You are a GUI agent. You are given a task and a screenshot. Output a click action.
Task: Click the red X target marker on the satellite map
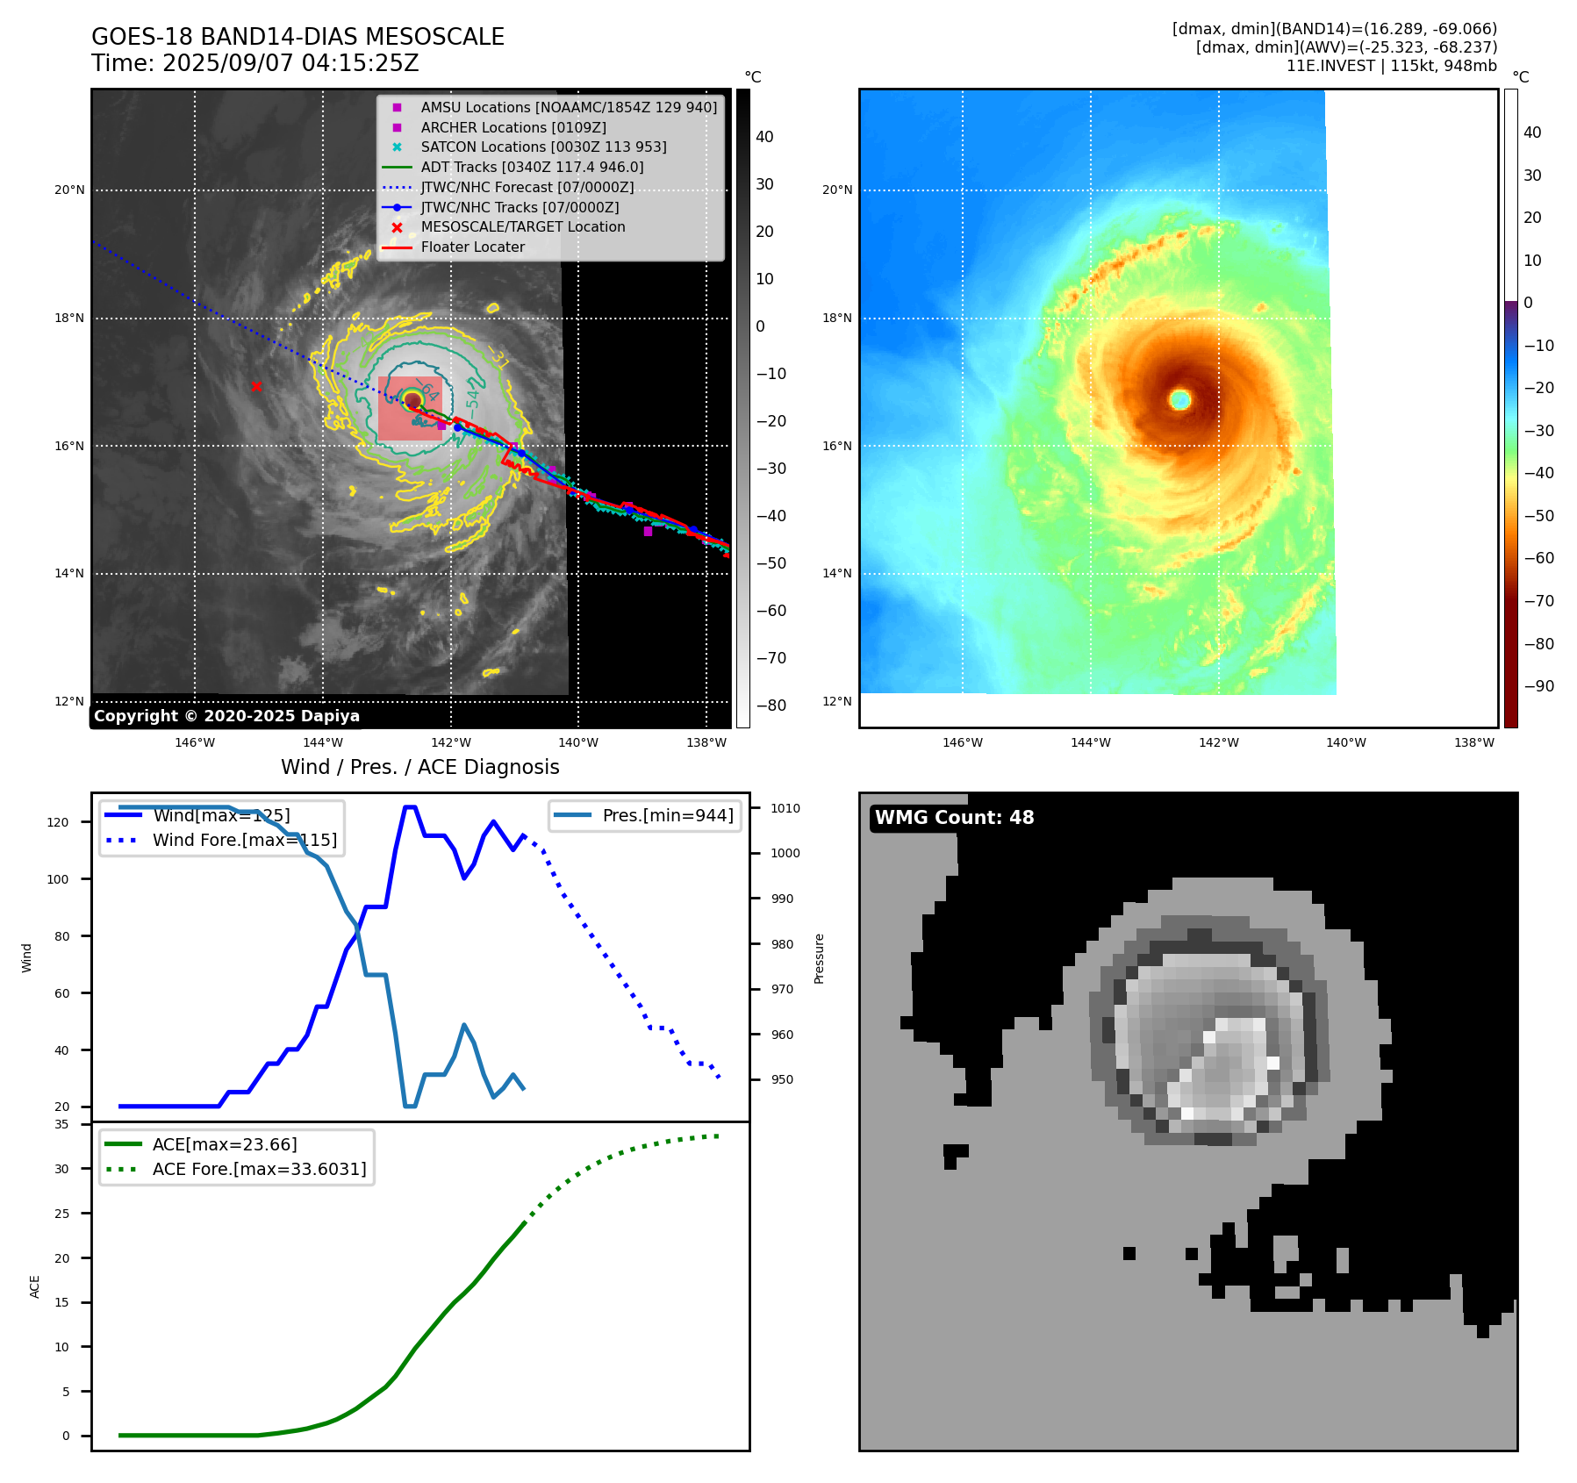tap(256, 386)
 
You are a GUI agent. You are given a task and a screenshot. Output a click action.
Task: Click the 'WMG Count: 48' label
tap(954, 818)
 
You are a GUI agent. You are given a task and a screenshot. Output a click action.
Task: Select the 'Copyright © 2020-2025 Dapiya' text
tap(226, 716)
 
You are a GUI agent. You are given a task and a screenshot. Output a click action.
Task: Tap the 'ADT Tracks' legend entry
tap(532, 167)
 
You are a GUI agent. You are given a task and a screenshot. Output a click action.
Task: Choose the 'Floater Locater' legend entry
tap(472, 247)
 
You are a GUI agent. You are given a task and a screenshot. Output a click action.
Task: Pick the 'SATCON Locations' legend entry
tap(543, 147)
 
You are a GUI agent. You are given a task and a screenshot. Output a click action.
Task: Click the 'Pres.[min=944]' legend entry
tap(667, 815)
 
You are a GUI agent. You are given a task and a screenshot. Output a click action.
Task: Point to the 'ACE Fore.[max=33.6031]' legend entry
tap(259, 1169)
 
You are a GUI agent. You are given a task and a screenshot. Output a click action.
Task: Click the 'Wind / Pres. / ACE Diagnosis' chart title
tap(419, 767)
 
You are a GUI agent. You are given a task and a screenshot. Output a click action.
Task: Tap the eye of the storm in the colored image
tap(1180, 400)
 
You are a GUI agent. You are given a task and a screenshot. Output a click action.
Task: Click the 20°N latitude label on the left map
tap(70, 190)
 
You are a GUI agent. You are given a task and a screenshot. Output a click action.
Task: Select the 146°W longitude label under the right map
tap(963, 742)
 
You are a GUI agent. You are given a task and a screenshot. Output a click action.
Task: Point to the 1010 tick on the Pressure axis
tap(785, 808)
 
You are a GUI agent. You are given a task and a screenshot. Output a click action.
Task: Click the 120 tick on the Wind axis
tap(58, 822)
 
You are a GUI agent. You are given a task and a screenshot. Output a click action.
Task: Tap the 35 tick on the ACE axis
tap(61, 1124)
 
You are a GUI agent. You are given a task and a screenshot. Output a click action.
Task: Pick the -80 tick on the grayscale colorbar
tap(771, 706)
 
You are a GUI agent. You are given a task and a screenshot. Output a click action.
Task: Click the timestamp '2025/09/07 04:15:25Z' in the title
tap(290, 64)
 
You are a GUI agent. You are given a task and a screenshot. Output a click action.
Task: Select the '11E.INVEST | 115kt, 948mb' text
tap(1391, 66)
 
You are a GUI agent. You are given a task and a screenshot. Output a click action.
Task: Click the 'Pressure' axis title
tap(819, 958)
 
